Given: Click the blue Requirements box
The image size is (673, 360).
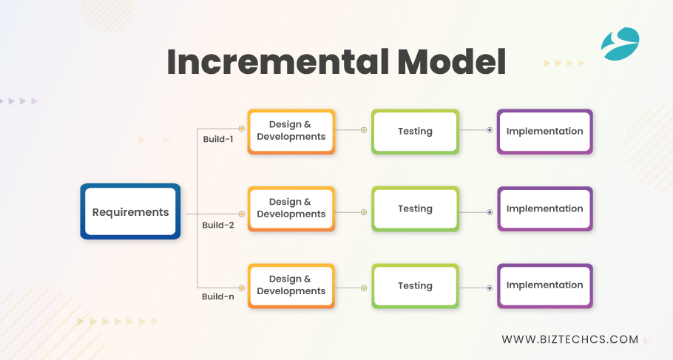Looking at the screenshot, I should [x=130, y=211].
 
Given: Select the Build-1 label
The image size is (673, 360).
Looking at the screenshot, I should [x=218, y=138].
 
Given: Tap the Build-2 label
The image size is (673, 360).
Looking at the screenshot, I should [x=218, y=225].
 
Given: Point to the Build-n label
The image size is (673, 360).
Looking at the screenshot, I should [x=218, y=296].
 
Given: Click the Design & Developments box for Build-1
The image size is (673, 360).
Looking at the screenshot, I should [x=291, y=131].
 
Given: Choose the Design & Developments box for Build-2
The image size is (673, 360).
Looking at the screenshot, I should [x=291, y=208].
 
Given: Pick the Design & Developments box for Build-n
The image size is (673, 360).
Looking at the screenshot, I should [x=291, y=285].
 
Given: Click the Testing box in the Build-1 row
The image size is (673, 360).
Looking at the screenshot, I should [x=415, y=131].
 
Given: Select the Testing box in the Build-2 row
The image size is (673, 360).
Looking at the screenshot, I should [x=415, y=208].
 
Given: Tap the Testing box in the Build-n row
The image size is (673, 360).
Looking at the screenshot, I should [x=415, y=285].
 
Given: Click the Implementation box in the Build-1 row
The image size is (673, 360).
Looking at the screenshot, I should [x=544, y=131].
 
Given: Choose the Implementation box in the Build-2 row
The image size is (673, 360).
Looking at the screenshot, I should [x=544, y=208].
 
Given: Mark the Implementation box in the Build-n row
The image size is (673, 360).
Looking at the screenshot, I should [x=544, y=285].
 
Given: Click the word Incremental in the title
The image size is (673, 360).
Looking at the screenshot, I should [x=271, y=62].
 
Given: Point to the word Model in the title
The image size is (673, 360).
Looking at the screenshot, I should [x=448, y=62].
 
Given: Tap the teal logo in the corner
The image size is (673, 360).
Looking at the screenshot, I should [x=619, y=44].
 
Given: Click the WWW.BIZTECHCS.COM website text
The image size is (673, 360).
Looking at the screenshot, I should [x=569, y=339].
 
